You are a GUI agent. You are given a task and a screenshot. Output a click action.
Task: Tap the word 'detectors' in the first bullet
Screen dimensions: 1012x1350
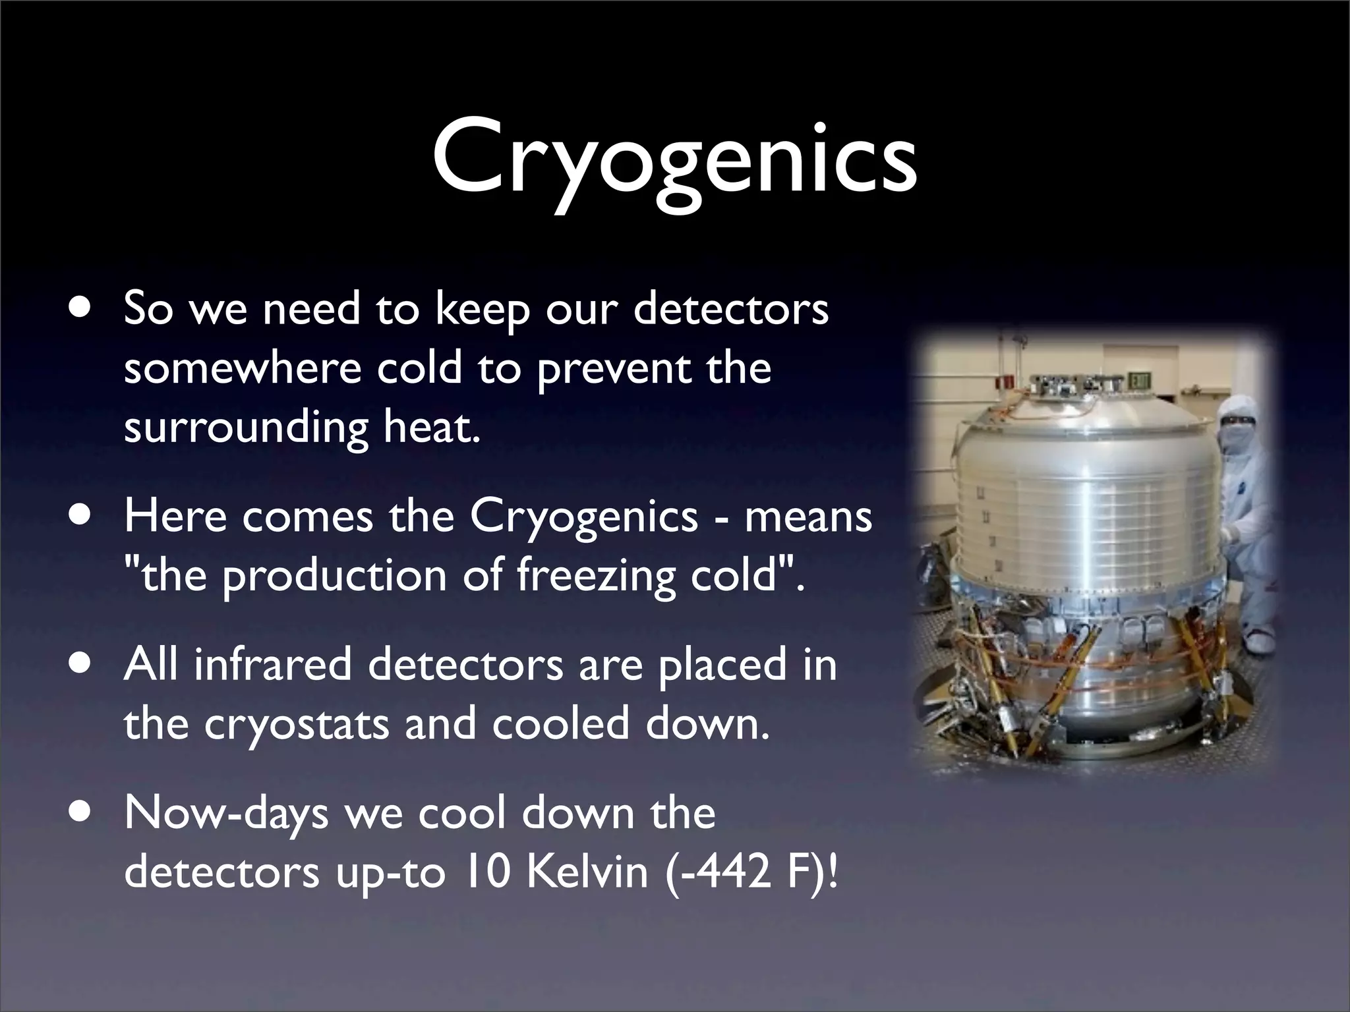(730, 309)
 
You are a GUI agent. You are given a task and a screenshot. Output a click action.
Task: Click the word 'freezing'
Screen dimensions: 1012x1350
(596, 575)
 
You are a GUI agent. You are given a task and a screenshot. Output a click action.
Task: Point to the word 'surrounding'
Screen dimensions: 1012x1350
(245, 428)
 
